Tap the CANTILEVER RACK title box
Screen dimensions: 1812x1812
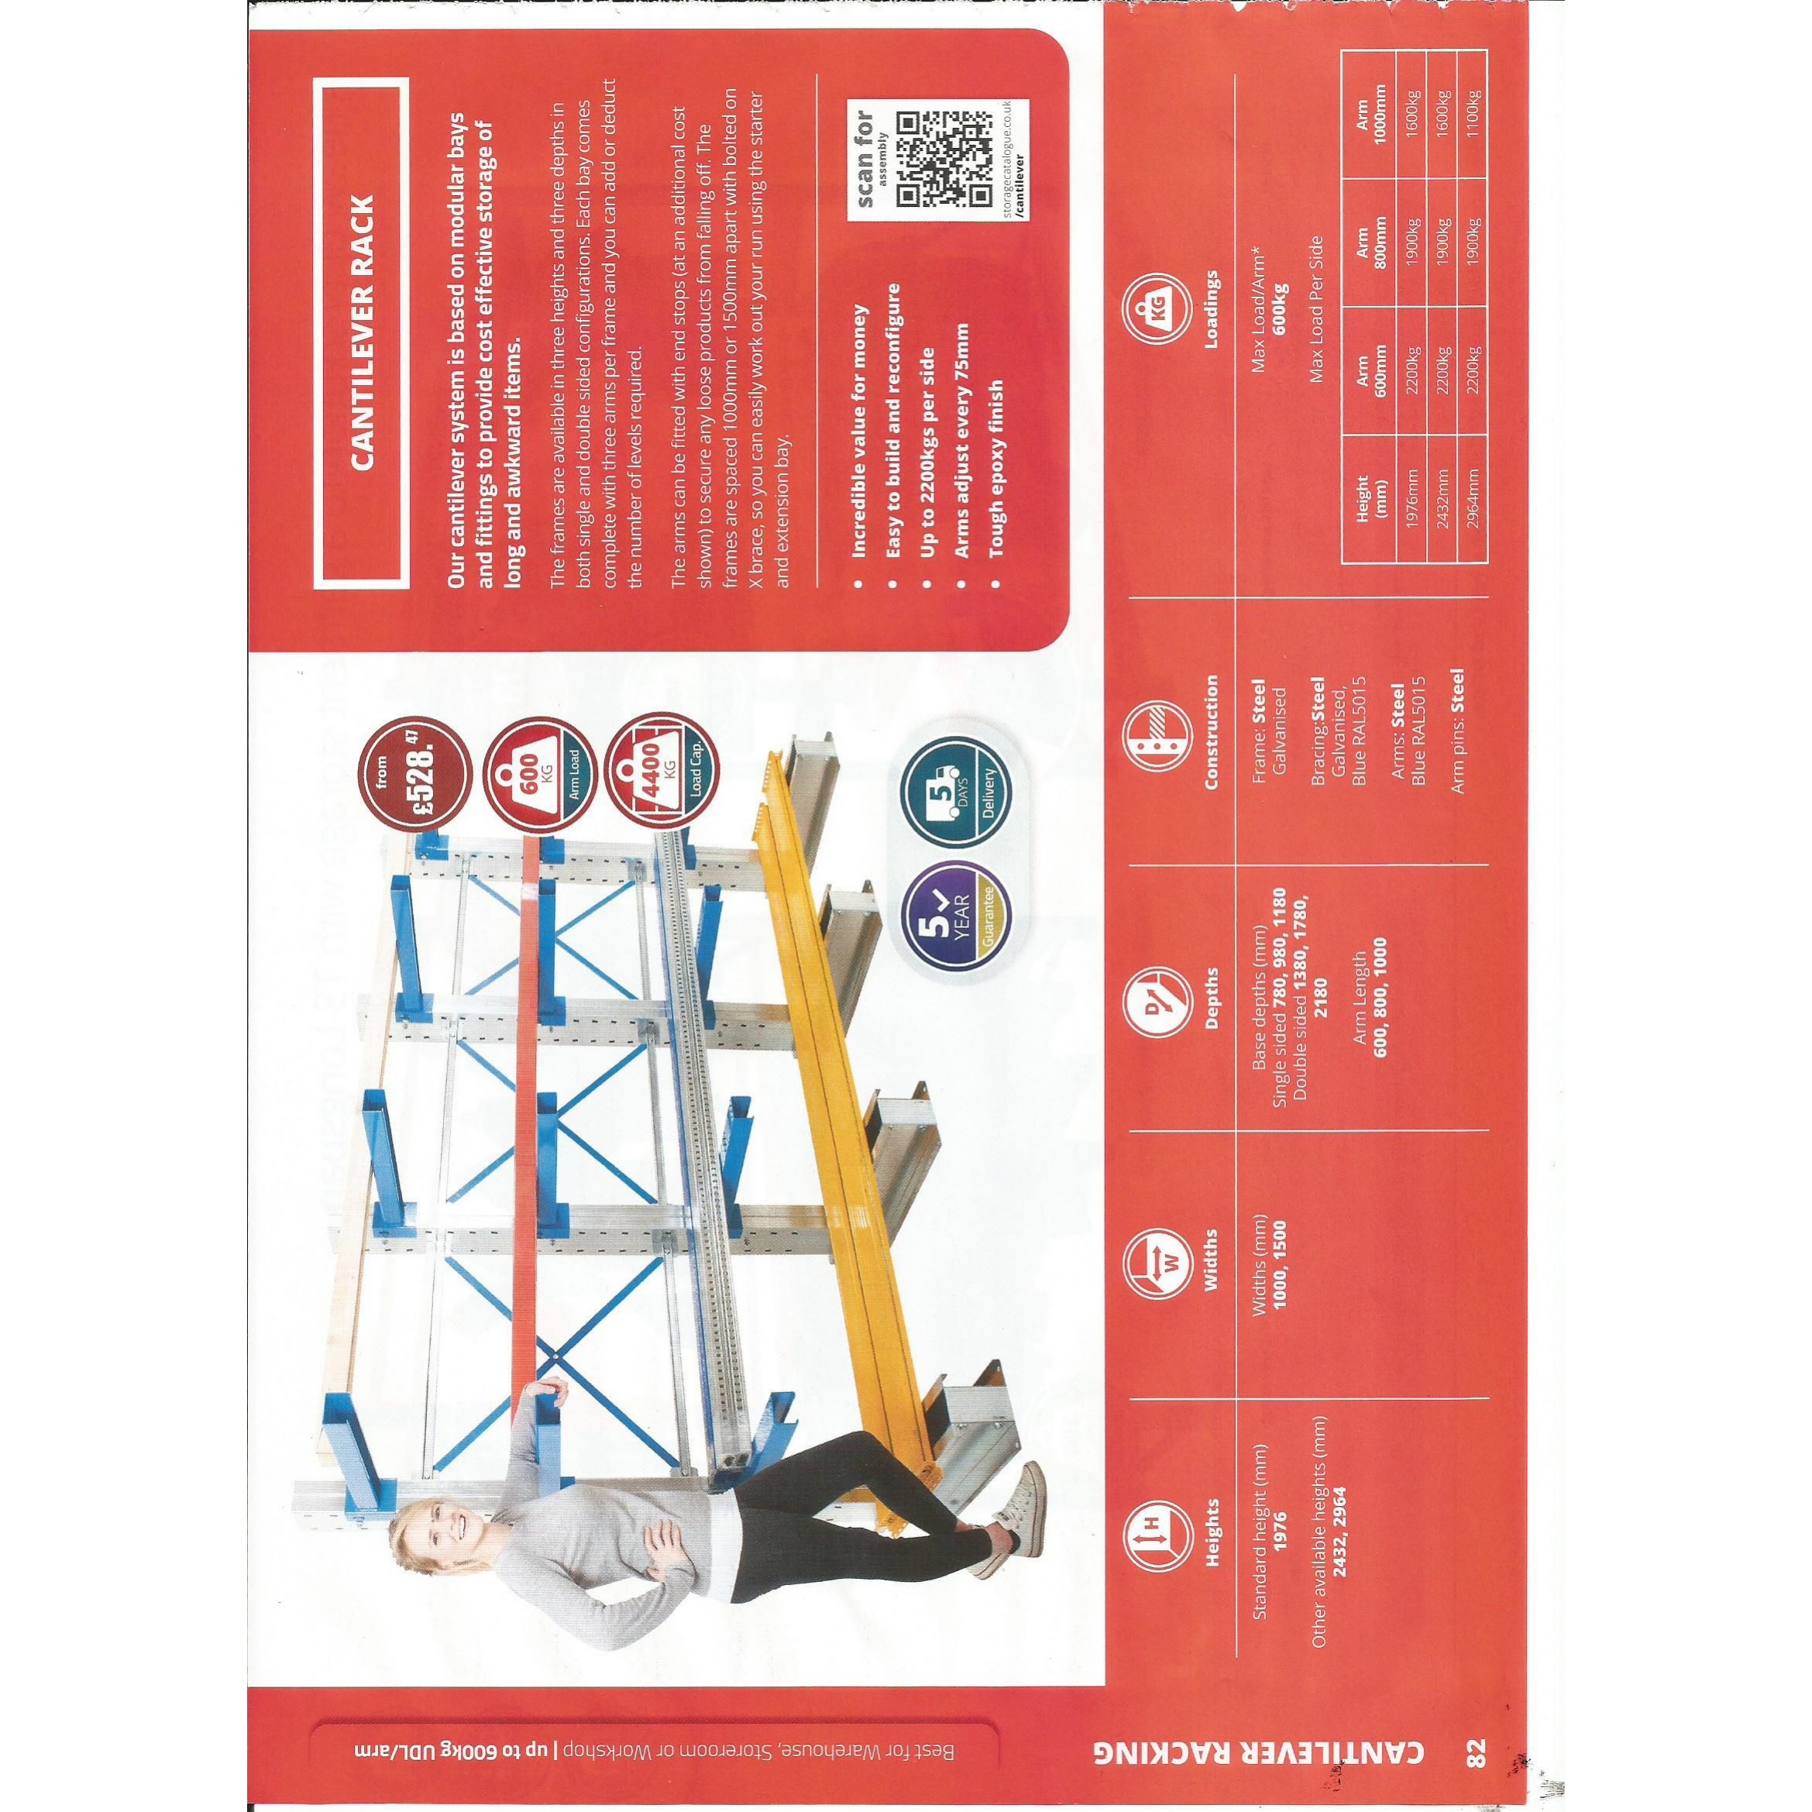click(361, 332)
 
